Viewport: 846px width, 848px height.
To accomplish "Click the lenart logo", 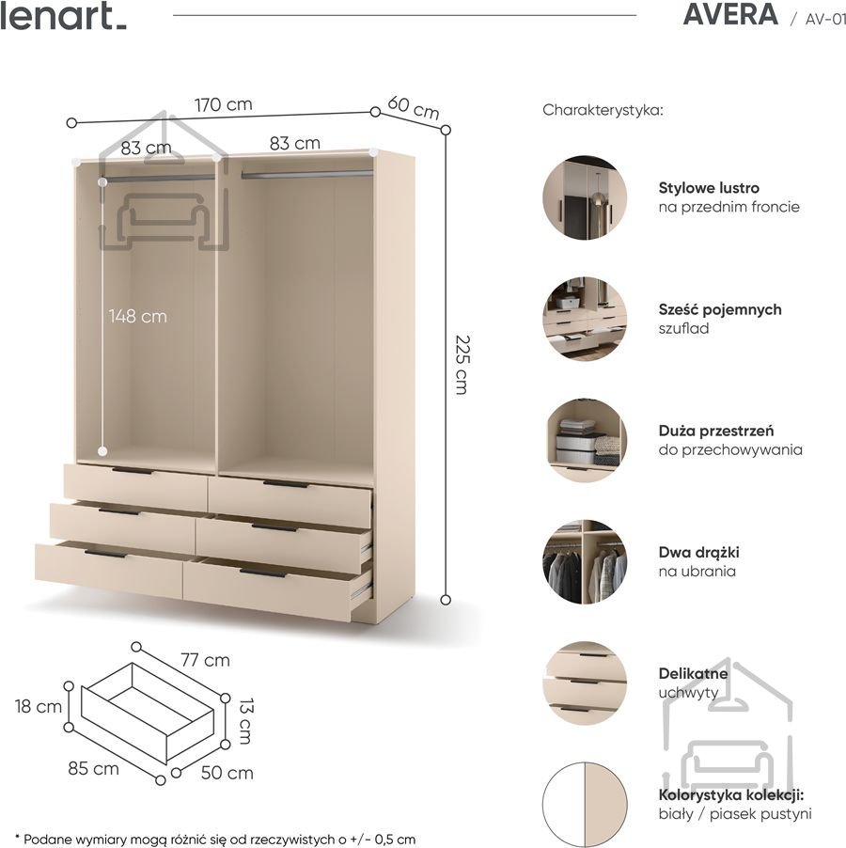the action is pyautogui.click(x=63, y=16).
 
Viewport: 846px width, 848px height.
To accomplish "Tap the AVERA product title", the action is pyautogui.click(x=730, y=15).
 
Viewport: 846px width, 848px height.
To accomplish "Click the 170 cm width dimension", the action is pyautogui.click(x=224, y=103).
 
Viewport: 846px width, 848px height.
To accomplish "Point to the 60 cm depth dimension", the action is pyautogui.click(x=414, y=107).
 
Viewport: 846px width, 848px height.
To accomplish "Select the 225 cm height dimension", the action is pyautogui.click(x=462, y=365).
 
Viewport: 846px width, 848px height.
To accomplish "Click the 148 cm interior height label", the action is pyautogui.click(x=138, y=316).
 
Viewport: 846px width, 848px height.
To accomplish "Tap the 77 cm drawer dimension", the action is pyautogui.click(x=206, y=660).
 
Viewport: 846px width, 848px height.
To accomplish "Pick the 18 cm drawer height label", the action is pyautogui.click(x=39, y=706).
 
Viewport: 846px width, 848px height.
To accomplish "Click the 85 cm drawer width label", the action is pyautogui.click(x=93, y=768).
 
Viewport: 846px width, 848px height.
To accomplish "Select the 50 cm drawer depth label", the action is pyautogui.click(x=227, y=773).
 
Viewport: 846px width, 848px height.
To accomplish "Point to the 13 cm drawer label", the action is pyautogui.click(x=246, y=721).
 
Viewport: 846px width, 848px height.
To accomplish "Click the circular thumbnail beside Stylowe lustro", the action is pyautogui.click(x=585, y=198).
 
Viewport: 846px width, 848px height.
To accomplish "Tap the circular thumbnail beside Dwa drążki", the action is pyautogui.click(x=585, y=562).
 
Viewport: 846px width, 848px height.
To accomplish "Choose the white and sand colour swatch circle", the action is pyautogui.click(x=585, y=806).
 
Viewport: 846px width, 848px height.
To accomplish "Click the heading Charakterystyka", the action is pyautogui.click(x=603, y=110).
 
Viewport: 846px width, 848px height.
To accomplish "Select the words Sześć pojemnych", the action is pyautogui.click(x=720, y=310).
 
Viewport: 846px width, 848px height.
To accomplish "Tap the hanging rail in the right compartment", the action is pyautogui.click(x=307, y=174).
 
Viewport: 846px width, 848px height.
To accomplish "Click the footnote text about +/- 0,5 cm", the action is pyautogui.click(x=215, y=840).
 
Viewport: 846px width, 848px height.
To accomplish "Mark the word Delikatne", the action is pyautogui.click(x=693, y=674).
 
